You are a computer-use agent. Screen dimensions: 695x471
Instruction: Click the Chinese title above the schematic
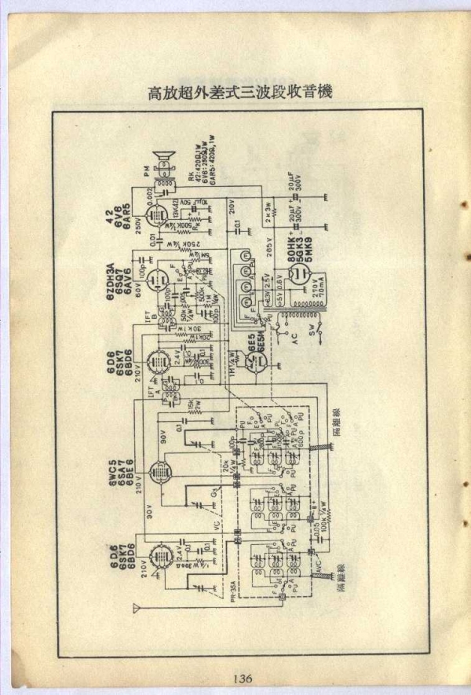240,92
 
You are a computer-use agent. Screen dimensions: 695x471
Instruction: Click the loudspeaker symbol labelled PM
165,160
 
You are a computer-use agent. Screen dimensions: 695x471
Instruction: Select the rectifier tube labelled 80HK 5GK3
299,275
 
